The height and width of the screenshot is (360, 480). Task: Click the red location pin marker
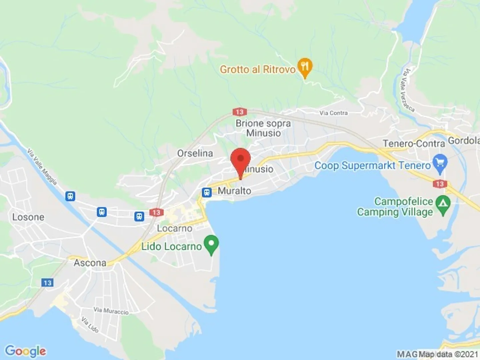240,160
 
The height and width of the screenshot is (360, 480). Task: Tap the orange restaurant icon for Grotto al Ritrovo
305,67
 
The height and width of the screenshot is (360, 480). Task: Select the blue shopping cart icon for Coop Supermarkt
440,163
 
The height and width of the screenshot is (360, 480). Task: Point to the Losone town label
28,217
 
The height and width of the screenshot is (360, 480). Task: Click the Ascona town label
90,263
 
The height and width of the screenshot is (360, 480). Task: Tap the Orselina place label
195,153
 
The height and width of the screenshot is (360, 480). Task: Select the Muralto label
234,191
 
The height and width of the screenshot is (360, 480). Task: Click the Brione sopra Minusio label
263,128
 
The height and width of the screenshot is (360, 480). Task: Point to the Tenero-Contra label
414,144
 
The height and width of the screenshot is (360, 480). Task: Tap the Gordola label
464,141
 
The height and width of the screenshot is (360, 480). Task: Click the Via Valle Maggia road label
42,167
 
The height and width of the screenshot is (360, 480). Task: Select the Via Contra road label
333,113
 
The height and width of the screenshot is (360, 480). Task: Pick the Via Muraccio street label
111,311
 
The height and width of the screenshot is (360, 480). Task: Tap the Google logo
26,351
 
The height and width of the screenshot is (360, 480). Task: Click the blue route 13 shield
47,283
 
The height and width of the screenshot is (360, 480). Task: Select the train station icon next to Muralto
207,192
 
